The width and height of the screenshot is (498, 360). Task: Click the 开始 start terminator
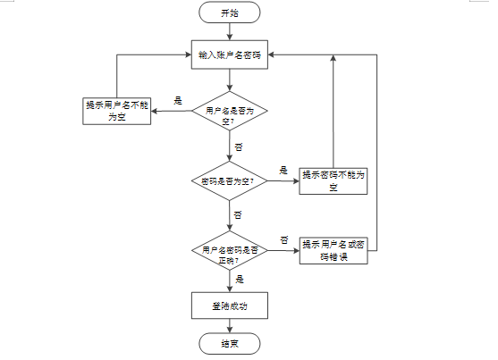[x=229, y=13]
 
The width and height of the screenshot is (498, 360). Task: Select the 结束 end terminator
[x=229, y=344]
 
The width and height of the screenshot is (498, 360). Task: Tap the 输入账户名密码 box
[x=229, y=54]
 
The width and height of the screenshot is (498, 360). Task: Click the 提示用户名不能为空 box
[x=116, y=111]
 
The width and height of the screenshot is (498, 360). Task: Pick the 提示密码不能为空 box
[x=333, y=181]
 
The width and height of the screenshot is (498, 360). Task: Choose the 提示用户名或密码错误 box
[x=333, y=250]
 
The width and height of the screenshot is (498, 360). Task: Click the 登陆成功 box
[x=229, y=306]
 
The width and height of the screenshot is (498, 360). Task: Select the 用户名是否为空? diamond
[x=229, y=111]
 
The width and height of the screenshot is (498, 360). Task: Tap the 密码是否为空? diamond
[x=229, y=181]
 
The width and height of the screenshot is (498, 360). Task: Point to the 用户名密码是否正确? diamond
[x=229, y=250]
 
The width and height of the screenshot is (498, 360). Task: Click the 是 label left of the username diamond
[x=178, y=101]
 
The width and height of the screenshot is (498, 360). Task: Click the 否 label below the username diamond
[x=239, y=147]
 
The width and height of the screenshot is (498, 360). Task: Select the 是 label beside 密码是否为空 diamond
[x=283, y=171]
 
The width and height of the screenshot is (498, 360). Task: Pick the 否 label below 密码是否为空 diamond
[x=238, y=215]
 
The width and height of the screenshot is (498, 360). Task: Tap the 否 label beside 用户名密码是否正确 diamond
[x=284, y=239]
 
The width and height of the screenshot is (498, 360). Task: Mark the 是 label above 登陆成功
[x=240, y=280]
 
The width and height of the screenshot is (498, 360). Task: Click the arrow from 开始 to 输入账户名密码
[x=229, y=32]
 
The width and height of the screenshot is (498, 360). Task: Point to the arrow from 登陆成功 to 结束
[x=229, y=326]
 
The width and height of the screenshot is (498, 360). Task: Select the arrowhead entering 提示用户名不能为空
[x=154, y=111]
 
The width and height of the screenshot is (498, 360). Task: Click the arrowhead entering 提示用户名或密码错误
[x=296, y=250]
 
